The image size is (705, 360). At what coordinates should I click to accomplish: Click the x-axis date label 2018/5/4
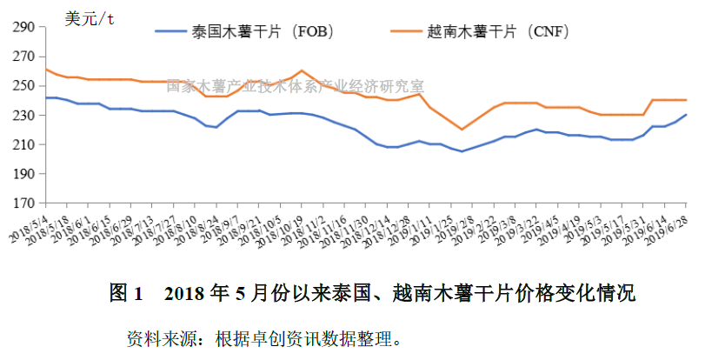(x=32, y=228)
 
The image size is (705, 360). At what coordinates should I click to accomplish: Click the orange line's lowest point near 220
(x=462, y=130)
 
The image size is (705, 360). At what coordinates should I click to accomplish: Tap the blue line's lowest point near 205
(x=462, y=151)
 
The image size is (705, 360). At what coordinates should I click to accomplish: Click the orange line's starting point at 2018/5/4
(x=45, y=69)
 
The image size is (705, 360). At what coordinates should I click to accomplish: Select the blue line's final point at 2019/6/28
(x=687, y=115)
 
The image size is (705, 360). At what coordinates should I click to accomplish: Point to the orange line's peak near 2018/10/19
(x=301, y=70)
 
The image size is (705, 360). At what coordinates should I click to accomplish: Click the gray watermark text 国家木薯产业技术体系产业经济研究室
(x=295, y=86)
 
